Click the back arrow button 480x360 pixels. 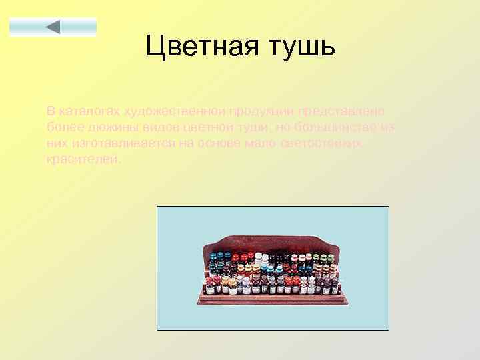click(x=53, y=27)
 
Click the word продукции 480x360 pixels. click(x=261, y=111)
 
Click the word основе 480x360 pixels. click(x=212, y=143)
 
